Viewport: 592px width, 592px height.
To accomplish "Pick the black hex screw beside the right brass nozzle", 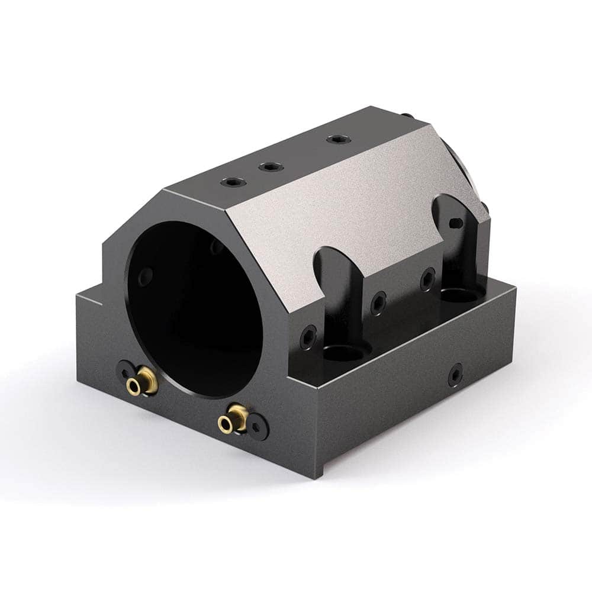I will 256,427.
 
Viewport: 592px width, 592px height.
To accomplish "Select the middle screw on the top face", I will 270,167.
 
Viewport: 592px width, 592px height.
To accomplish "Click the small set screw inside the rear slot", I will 454,223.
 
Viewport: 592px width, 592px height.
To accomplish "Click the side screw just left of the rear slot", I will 427,278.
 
